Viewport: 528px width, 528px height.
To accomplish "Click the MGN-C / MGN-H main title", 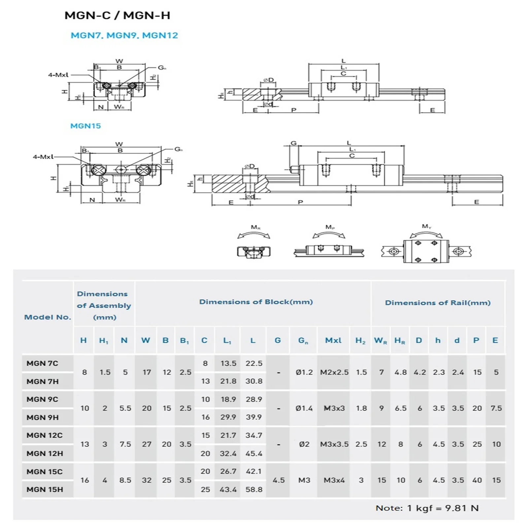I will tap(117, 16).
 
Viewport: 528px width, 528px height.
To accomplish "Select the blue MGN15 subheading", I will tap(85, 126).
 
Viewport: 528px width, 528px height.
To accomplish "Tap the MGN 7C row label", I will tap(42, 363).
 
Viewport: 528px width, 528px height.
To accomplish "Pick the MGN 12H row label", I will tap(45, 453).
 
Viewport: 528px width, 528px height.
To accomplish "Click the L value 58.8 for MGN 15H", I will tap(254, 489).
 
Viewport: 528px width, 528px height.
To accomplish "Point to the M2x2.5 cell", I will tap(334, 372).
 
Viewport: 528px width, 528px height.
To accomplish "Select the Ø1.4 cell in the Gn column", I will tap(304, 408).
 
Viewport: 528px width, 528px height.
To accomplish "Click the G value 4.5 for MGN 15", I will tap(279, 480).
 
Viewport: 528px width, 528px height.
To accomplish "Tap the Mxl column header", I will tap(333, 340).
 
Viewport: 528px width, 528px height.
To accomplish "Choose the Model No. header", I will tap(48, 317).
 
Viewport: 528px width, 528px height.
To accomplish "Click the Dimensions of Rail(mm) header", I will tap(438, 303).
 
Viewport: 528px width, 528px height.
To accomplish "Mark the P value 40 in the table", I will tap(477, 480).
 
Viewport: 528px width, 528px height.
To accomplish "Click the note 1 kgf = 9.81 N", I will tap(427, 508).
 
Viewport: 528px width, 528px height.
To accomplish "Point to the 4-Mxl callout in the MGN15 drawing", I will tap(43, 157).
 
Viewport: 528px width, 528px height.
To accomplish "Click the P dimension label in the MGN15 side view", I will tap(300, 202).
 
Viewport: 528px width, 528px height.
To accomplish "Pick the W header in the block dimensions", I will tap(146, 340).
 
